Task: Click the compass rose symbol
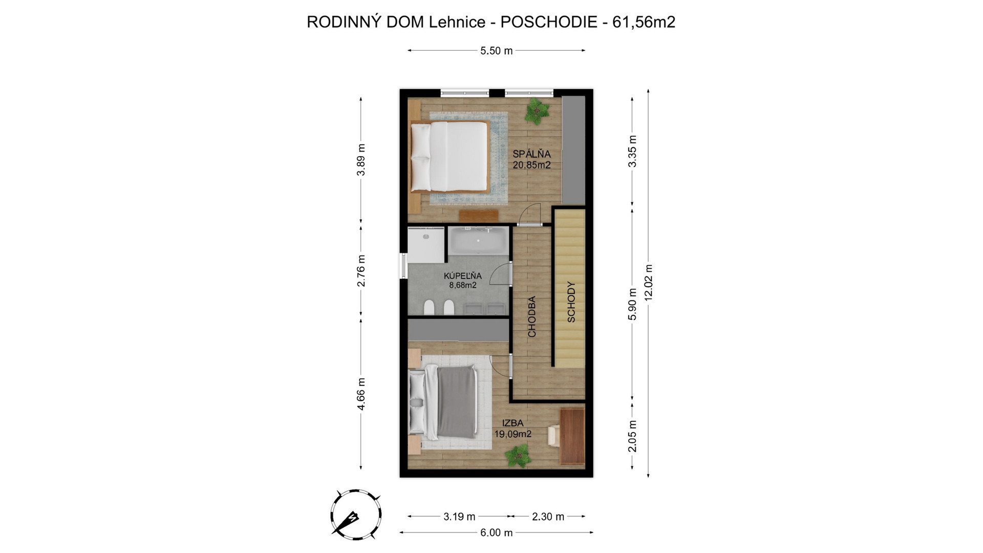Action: (355, 514)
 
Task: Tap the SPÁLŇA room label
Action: (531, 154)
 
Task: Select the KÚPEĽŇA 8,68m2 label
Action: (463, 281)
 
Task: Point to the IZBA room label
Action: (512, 423)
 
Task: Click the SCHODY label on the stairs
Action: (571, 302)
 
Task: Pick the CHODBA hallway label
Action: (532, 316)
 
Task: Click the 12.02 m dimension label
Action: (648, 283)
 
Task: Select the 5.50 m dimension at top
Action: (497, 51)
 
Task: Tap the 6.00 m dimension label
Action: (496, 533)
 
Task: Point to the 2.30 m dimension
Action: (548, 517)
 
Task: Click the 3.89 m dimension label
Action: (361, 160)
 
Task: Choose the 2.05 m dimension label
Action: (632, 436)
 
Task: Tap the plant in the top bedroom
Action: (536, 111)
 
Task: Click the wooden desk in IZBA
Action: (572, 436)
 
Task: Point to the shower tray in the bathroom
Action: (425, 245)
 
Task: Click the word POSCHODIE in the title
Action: (548, 22)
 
